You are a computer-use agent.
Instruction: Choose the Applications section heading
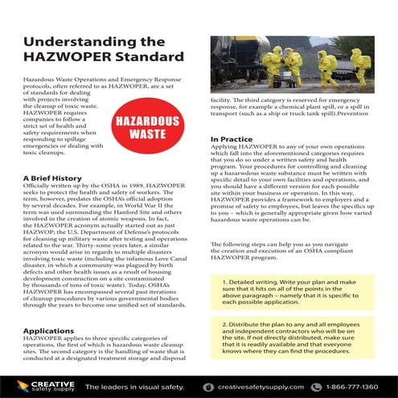coord(48,330)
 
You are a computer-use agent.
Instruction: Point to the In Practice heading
coord(232,139)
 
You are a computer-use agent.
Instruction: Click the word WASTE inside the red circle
coord(142,133)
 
